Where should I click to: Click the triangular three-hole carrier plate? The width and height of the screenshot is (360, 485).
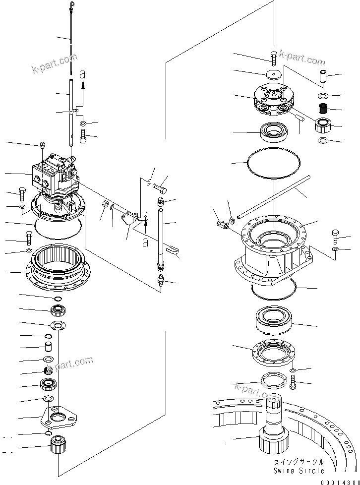click(59, 415)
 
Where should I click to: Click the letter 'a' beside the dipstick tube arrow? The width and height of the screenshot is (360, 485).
click(82, 74)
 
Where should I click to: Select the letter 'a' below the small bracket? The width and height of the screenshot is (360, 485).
click(145, 242)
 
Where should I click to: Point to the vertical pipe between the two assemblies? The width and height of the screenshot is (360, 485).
click(161, 238)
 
